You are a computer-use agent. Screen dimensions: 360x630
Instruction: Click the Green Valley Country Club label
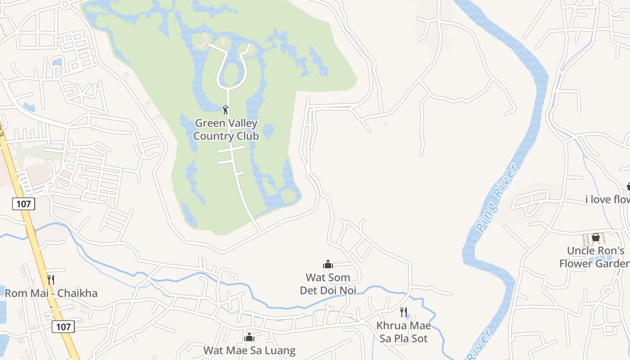226,130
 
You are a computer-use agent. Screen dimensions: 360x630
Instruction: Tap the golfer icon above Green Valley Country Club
226,109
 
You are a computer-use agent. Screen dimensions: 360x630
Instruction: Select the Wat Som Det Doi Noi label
328,284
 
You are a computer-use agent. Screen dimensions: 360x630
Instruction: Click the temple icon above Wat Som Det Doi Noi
328,264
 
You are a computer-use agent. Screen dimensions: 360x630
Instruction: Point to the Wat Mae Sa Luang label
249,350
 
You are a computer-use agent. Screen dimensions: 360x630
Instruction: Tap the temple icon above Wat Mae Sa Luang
249,337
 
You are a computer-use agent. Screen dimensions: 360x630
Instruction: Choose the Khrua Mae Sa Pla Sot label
404,332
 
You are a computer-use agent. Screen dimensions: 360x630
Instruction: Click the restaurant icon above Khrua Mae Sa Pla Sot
404,312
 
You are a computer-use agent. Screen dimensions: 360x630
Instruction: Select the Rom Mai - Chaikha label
51,293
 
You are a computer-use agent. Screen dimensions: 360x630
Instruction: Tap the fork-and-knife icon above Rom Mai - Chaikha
51,280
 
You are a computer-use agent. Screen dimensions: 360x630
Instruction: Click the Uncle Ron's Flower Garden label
594,257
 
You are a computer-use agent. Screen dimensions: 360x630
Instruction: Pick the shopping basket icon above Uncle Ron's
596,237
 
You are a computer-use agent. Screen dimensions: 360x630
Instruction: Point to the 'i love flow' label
607,199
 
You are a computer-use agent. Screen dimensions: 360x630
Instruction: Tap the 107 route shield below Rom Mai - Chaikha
63,326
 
